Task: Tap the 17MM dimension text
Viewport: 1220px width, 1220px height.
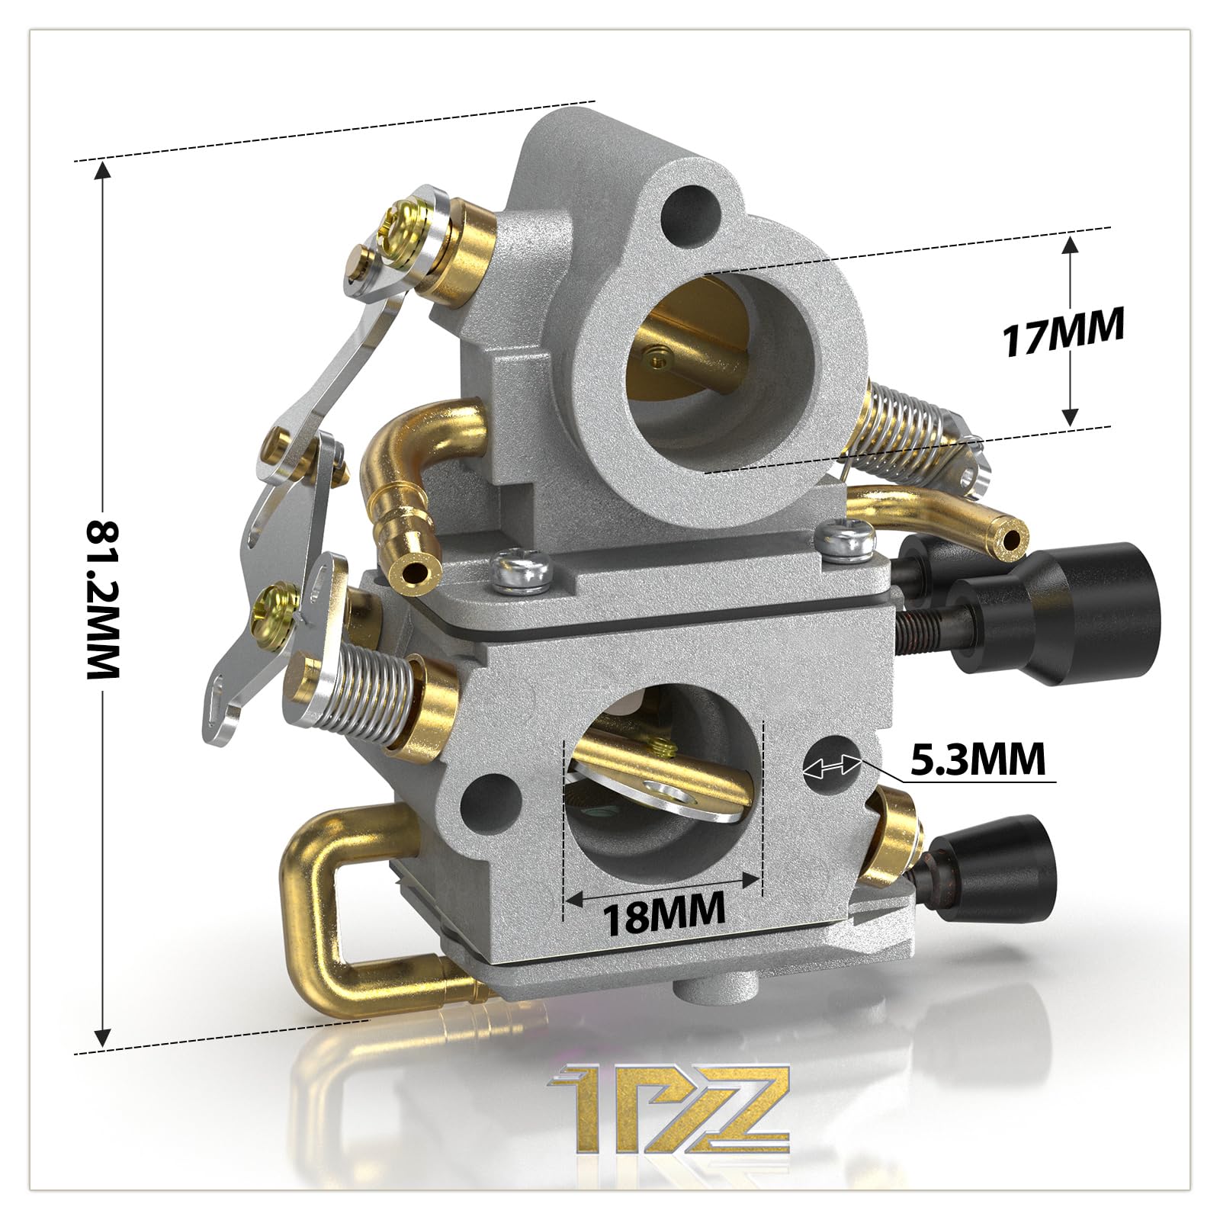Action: [1064, 330]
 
